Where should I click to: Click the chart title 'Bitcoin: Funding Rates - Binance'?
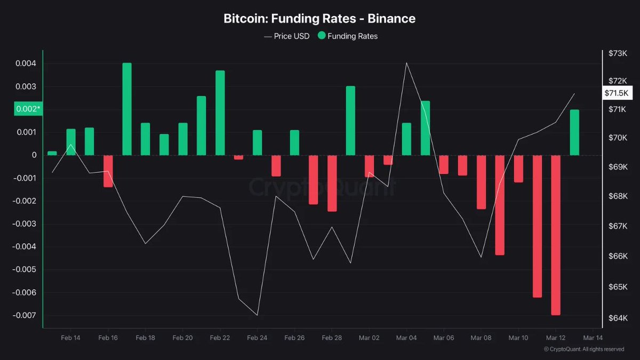[319, 19]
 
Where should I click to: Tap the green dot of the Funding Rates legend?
[321, 36]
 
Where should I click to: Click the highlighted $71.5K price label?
[617, 93]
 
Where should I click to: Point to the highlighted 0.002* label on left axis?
[28, 109]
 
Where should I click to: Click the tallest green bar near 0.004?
[127, 109]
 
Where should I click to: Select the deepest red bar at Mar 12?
[556, 235]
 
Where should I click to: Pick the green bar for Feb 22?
[220, 113]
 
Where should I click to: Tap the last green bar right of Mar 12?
[574, 132]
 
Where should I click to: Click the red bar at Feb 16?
[108, 171]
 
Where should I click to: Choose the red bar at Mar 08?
[481, 182]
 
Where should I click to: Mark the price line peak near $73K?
[406, 63]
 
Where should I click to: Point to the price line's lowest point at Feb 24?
[258, 315]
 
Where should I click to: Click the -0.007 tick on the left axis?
[27, 315]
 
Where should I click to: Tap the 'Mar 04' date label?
[406, 338]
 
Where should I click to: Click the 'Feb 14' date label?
[71, 338]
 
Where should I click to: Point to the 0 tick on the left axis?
[34, 155]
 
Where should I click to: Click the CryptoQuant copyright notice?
[583, 349]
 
